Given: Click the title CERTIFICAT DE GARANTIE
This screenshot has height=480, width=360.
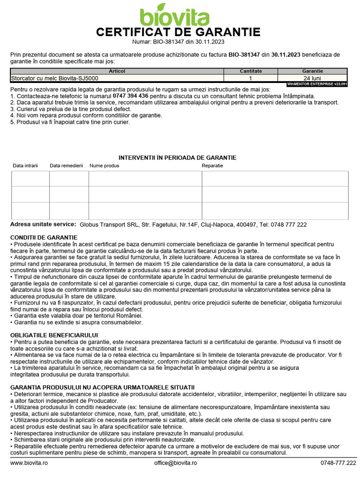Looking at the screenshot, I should (178, 32).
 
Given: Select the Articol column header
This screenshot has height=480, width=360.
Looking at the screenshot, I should (117, 71).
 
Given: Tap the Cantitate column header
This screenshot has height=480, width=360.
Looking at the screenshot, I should (250, 71).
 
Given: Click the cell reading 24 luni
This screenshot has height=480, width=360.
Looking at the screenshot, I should (312, 78).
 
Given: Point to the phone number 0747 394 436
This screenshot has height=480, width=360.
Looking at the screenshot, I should (131, 96).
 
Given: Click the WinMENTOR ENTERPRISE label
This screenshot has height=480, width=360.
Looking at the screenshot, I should (317, 84).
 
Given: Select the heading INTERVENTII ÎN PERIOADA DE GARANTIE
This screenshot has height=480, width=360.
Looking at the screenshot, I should (177, 157).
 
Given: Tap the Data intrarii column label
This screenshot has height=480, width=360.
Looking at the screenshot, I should (25, 166).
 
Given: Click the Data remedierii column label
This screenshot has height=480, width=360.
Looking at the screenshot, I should (67, 166).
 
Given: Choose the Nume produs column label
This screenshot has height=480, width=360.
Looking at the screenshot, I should (105, 166).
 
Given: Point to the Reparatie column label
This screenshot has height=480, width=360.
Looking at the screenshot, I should (212, 166).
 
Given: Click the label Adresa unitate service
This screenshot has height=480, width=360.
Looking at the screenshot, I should (43, 225).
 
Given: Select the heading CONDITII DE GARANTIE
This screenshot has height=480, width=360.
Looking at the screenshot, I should (44, 238).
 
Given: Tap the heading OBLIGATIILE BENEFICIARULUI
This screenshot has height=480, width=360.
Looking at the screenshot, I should (54, 335).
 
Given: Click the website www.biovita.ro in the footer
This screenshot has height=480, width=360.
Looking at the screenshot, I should (29, 463).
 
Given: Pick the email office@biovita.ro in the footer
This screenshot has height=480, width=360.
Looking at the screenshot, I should (176, 463).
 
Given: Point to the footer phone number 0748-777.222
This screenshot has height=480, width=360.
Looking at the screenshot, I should (338, 463).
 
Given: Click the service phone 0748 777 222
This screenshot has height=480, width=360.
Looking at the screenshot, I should (289, 225).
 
